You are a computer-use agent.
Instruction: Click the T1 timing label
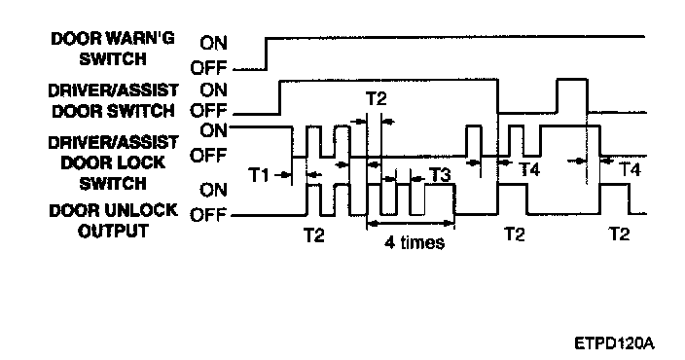258,176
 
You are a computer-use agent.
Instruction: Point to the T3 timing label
441,175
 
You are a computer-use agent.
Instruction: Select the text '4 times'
415,242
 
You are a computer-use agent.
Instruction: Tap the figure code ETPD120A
614,342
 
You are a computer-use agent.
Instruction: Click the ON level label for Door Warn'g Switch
214,43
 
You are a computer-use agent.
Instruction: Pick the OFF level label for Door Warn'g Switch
209,68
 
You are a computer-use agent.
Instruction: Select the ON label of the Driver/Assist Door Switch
214,90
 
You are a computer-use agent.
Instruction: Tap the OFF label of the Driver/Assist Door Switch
209,111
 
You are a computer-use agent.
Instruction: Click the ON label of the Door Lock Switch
214,130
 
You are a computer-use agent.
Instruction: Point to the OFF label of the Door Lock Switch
209,155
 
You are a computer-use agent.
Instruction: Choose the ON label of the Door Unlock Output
214,190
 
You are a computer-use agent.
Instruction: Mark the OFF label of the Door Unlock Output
209,215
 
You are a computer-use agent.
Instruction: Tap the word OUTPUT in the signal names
113,232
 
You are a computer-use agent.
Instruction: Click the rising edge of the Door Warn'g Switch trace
267,54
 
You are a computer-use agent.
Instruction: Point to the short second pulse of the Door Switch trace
572,80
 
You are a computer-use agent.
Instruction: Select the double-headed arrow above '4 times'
411,224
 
